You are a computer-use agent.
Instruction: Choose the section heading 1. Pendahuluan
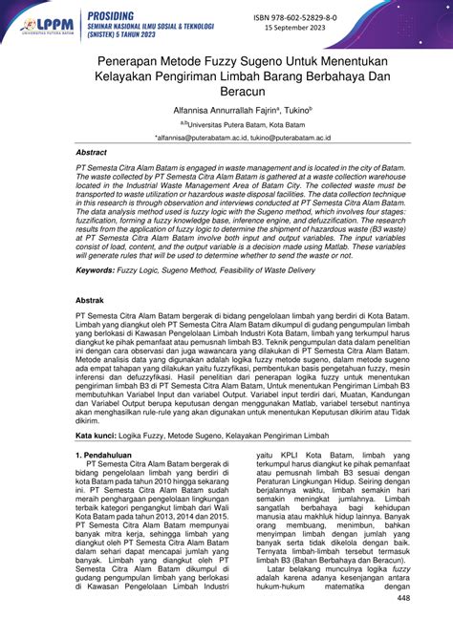point(109,457)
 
